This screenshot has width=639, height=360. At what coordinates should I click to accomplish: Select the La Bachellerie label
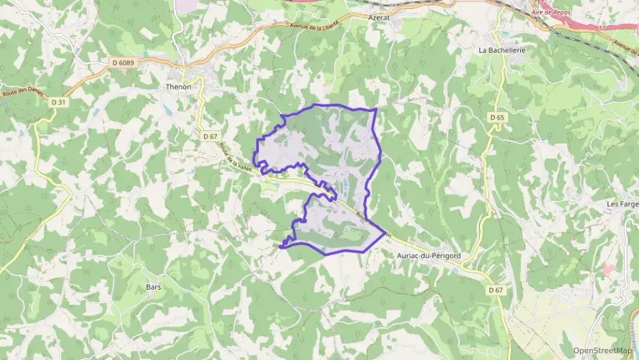click(502, 50)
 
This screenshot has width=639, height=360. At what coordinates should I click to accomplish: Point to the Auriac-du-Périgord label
click(429, 255)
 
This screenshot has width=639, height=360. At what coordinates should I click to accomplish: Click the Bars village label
click(154, 288)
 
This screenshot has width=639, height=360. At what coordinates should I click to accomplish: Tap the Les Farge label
click(622, 204)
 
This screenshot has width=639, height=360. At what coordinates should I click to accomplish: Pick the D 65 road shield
click(497, 117)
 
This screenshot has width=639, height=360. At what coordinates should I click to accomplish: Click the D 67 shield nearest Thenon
click(210, 136)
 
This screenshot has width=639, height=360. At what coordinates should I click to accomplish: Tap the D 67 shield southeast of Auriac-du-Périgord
click(496, 290)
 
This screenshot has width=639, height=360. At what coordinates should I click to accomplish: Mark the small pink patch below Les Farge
click(607, 269)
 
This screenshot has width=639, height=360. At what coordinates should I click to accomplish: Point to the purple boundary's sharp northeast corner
click(376, 109)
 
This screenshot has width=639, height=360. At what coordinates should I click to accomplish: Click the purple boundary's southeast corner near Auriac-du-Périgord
click(384, 233)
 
